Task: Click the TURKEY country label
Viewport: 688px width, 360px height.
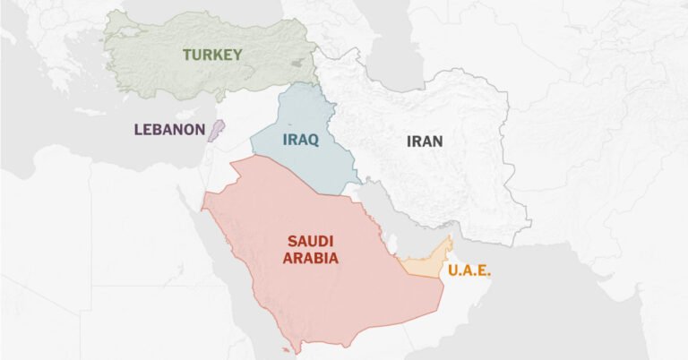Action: coord(212,55)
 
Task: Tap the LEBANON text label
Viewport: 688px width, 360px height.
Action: coord(169,129)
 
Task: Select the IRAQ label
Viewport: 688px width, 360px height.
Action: coord(300,140)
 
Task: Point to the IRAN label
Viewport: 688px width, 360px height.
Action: coord(425,141)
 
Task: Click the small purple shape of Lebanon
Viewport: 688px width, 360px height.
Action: coord(213,130)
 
